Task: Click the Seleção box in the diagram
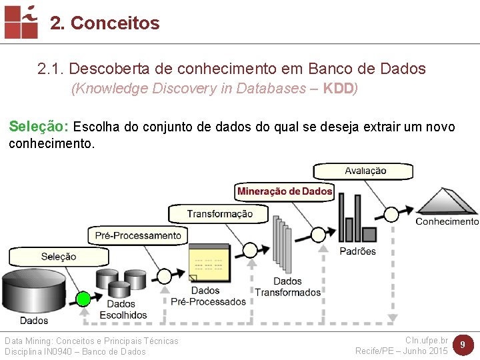click(x=59, y=257)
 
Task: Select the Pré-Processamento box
click(x=138, y=235)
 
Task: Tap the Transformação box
click(x=219, y=214)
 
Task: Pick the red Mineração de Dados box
click(x=285, y=191)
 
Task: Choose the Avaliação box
click(x=365, y=171)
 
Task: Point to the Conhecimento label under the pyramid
click(x=447, y=221)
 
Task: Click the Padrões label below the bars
click(x=357, y=251)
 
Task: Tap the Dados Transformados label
click(x=287, y=287)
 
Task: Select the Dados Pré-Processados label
click(x=208, y=296)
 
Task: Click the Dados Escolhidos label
click(x=123, y=309)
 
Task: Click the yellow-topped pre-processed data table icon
click(x=208, y=263)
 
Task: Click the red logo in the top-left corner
click(x=21, y=21)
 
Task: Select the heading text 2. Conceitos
click(x=105, y=23)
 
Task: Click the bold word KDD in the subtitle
click(x=339, y=89)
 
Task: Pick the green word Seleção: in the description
click(x=39, y=127)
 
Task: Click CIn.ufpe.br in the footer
click(x=426, y=341)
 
